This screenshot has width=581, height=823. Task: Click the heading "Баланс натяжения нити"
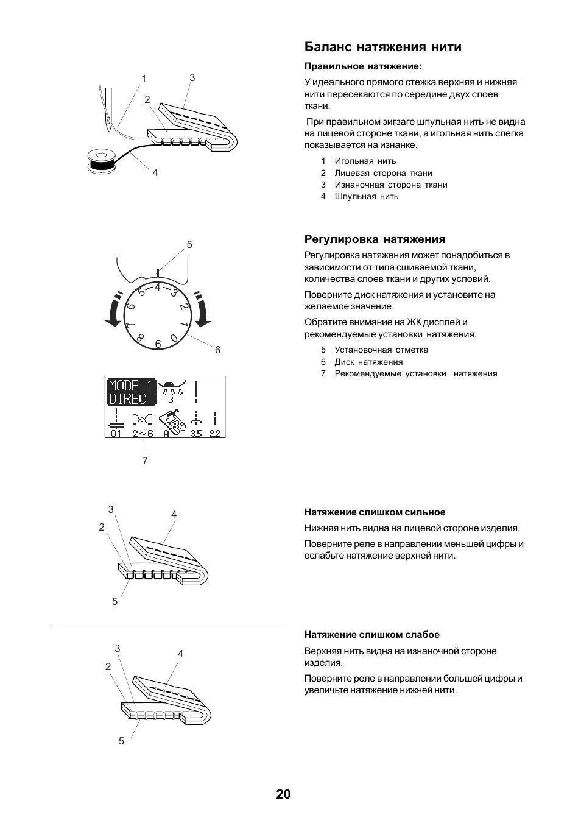click(x=382, y=48)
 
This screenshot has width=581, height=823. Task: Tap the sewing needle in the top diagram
click(x=107, y=113)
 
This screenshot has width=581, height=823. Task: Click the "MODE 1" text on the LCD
click(x=131, y=386)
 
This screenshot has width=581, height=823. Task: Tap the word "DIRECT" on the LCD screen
click(x=131, y=399)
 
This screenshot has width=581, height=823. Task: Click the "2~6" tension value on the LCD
click(x=144, y=433)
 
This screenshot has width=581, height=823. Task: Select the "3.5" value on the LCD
click(x=195, y=433)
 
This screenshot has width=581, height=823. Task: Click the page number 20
click(x=283, y=794)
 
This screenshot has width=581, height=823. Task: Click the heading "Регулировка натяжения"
click(x=375, y=239)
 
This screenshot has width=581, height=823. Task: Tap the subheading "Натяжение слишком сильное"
click(x=375, y=512)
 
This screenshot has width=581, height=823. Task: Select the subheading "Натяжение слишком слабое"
click(x=371, y=635)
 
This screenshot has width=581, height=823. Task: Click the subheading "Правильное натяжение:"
click(x=363, y=66)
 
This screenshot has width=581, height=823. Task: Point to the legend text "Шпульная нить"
click(x=366, y=196)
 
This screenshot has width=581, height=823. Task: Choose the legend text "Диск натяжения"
click(x=368, y=362)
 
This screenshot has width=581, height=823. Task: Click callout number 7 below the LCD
click(x=145, y=461)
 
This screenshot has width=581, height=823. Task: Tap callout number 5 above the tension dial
click(x=189, y=245)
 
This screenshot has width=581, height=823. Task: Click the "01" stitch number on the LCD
click(x=116, y=433)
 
